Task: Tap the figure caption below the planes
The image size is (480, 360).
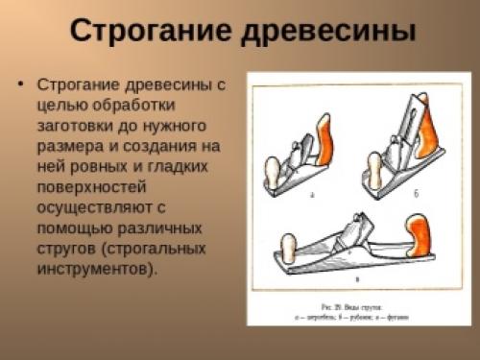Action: pyautogui.click(x=361, y=310)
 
